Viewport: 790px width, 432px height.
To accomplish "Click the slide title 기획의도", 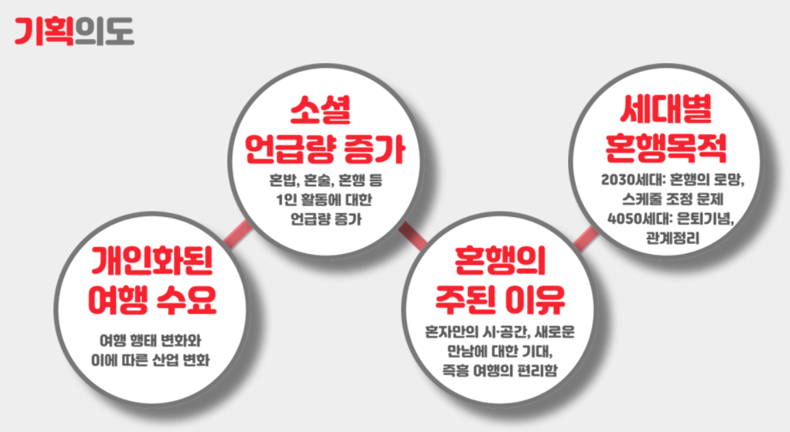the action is click(74, 31).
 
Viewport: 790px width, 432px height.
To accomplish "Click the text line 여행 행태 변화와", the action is click(152, 340).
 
